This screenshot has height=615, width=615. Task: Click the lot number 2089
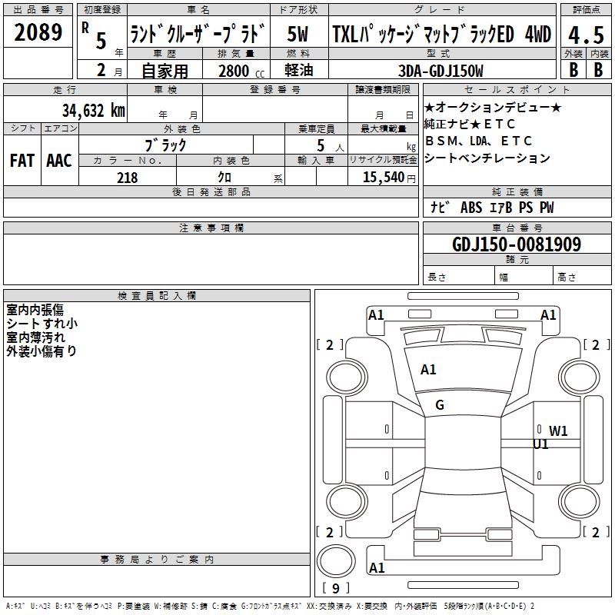[38, 32]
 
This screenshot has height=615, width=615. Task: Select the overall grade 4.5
[586, 35]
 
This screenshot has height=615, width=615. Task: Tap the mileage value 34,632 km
[93, 110]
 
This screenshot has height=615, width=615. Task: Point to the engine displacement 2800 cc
[241, 71]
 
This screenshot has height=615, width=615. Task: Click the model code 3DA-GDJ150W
[440, 71]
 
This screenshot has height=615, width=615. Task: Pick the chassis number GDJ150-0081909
[517, 244]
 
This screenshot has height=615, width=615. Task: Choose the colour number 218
[127, 178]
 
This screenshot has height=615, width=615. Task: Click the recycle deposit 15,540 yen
[389, 178]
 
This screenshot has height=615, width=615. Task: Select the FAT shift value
[22, 161]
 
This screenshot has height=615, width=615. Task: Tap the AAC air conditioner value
[59, 161]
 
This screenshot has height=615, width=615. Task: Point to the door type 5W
[298, 34]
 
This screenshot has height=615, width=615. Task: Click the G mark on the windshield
[440, 405]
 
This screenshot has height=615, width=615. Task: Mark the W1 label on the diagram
[558, 431]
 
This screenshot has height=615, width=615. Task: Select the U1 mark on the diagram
[540, 444]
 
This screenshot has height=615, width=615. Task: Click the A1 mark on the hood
[428, 370]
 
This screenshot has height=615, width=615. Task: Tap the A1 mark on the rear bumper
[377, 567]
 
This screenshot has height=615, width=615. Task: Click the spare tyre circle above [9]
[336, 561]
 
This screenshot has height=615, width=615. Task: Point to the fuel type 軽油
[299, 70]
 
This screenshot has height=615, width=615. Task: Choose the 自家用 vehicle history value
[165, 71]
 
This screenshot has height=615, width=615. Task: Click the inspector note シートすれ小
[42, 324]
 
